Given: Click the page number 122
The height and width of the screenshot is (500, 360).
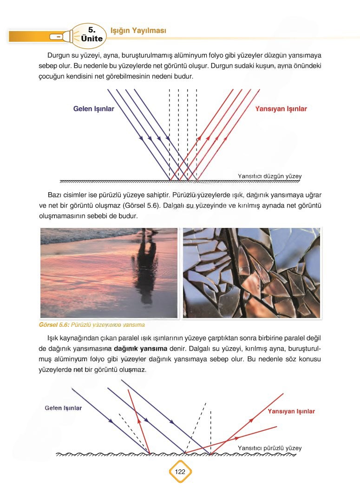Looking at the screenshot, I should [x=180, y=472].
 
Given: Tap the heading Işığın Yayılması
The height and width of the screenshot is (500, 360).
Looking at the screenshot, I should [x=138, y=31].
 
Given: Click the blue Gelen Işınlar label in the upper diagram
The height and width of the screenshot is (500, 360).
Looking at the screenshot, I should [x=93, y=109].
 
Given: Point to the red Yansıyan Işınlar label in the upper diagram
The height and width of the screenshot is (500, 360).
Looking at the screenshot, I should [x=281, y=109].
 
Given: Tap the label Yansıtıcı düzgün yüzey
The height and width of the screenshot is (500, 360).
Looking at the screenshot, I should [x=269, y=176].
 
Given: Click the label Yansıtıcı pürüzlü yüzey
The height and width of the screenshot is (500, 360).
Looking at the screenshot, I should [x=269, y=448].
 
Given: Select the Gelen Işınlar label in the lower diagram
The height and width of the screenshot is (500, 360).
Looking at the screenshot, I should [x=63, y=408].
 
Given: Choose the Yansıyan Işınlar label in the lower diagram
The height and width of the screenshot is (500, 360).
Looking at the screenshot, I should [x=291, y=411].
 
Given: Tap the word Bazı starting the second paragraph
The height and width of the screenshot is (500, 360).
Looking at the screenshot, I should [x=55, y=194].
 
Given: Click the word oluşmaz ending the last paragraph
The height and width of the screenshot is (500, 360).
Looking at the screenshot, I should [x=134, y=370].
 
